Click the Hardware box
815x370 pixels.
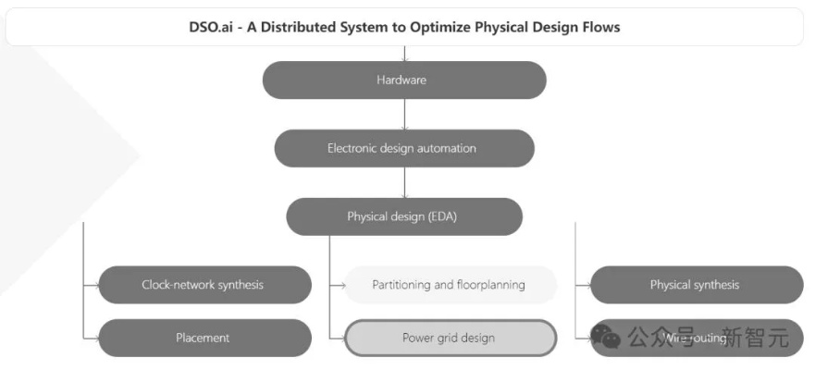(404, 80)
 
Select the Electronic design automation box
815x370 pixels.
(404, 148)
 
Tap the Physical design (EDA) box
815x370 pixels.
(404, 216)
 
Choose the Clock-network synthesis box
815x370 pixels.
(204, 285)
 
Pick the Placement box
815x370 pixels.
(204, 338)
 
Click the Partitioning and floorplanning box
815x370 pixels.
(451, 285)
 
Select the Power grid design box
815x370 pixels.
(451, 338)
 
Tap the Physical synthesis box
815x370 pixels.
(696, 285)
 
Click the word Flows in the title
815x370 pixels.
(599, 27)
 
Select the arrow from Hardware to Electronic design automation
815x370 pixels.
(404, 114)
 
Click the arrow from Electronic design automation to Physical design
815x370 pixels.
(404, 182)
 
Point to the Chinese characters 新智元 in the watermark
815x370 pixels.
(755, 337)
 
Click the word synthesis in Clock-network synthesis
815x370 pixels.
(239, 285)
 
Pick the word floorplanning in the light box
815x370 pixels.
(490, 285)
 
